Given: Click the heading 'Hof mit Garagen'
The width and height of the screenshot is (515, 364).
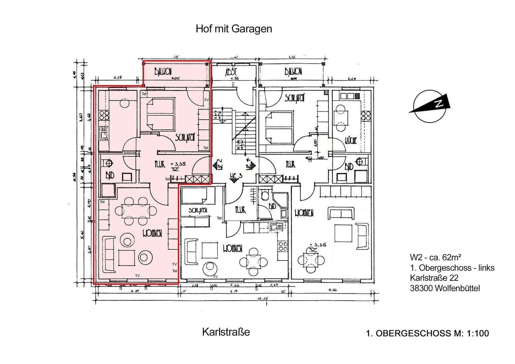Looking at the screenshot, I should pyautogui.click(x=234, y=29).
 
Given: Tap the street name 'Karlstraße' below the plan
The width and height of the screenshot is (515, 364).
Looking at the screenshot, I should pyautogui.click(x=226, y=332).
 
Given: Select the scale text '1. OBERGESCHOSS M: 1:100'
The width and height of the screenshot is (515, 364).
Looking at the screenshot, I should pyautogui.click(x=427, y=333).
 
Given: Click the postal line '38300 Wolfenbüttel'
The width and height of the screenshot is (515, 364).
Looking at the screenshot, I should pyautogui.click(x=445, y=288).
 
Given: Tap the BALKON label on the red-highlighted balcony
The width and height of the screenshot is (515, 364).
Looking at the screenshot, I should pyautogui.click(x=163, y=71).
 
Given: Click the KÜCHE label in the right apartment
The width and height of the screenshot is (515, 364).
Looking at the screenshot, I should pyautogui.click(x=351, y=140).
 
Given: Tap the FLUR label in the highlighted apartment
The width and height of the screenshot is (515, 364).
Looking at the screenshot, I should pyautogui.click(x=160, y=164).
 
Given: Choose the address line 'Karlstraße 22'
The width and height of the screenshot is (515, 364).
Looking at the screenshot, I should pyautogui.click(x=434, y=278).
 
